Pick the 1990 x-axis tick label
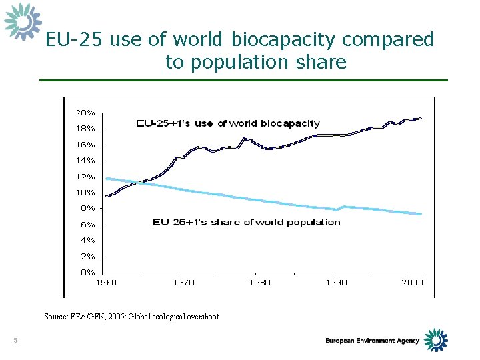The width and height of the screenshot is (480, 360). click(336, 282)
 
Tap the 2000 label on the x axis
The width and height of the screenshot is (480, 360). click(411, 282)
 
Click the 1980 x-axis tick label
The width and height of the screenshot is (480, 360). click(260, 282)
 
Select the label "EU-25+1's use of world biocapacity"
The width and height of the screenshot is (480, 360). click(227, 123)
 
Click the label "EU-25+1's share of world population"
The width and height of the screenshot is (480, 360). click(246, 222)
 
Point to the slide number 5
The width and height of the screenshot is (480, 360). click(15, 341)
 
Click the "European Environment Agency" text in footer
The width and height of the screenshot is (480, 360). click(372, 341)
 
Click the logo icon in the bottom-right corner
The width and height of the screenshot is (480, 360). click(436, 339)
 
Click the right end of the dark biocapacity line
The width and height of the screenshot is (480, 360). click(421, 118)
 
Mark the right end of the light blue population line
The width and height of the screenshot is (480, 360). click(421, 214)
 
